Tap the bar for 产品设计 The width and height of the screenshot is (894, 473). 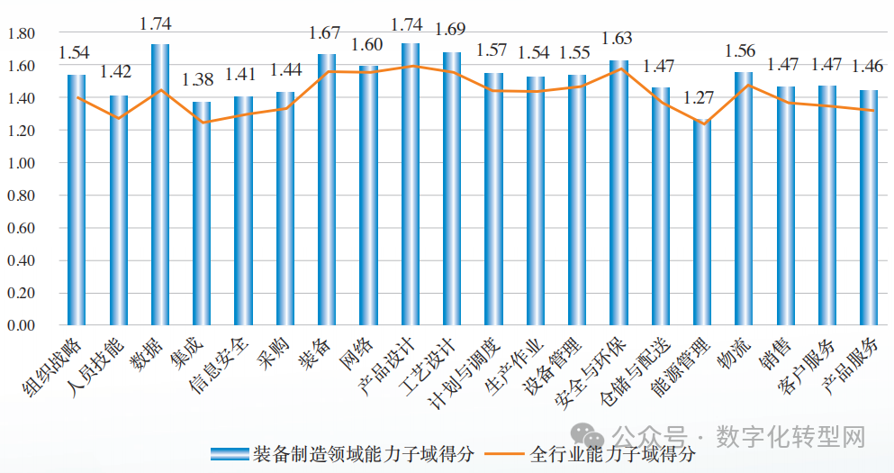411,184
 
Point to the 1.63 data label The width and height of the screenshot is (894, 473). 618,40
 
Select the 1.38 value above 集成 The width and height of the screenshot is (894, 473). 200,81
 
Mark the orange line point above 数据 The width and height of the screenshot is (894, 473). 160,90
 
